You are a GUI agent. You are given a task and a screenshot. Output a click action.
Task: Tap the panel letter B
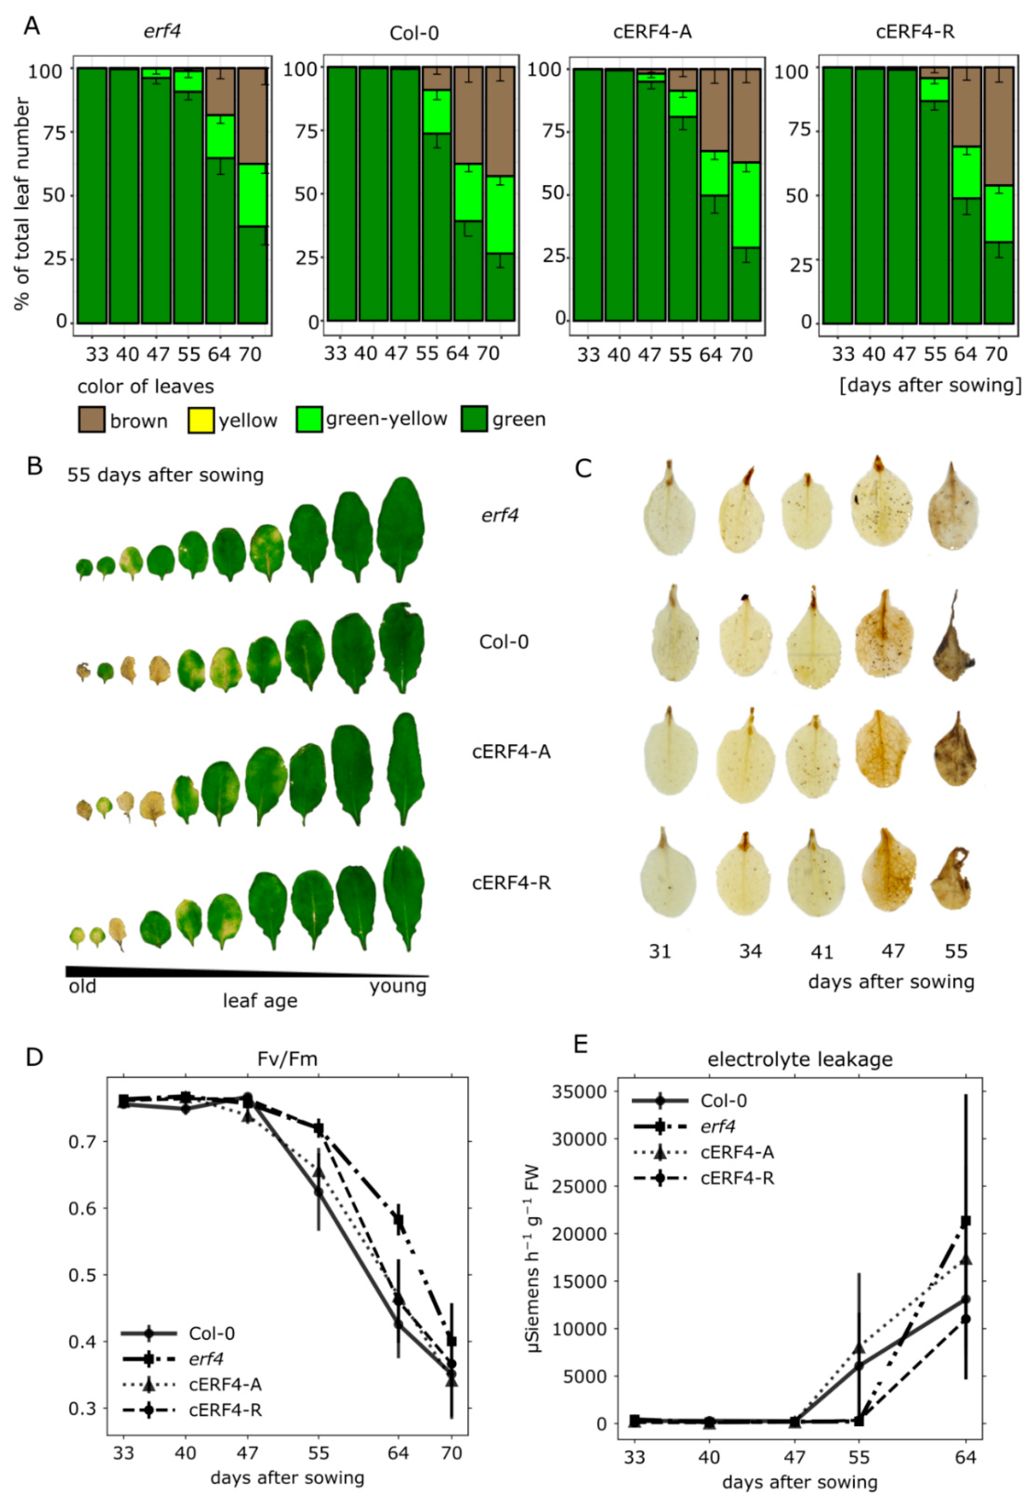[35, 466]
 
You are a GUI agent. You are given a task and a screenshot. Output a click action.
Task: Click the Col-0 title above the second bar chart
[414, 32]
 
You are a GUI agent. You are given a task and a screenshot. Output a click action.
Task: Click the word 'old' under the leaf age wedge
[83, 987]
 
